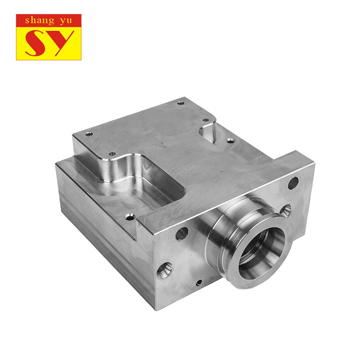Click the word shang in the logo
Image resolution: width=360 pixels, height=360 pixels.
40,21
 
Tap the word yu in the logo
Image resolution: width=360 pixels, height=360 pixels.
66,21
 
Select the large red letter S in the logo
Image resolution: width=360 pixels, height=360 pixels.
36,43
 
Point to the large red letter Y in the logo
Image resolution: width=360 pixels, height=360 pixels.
60,43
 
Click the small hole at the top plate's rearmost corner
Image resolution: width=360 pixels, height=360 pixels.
180,103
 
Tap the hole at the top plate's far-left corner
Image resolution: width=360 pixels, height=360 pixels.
89,133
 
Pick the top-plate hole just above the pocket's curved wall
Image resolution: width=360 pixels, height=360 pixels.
112,154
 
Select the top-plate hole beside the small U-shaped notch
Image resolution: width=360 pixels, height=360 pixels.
206,120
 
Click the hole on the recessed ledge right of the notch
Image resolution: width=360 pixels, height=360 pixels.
230,141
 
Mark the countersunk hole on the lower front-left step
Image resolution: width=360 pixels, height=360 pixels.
130,216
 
